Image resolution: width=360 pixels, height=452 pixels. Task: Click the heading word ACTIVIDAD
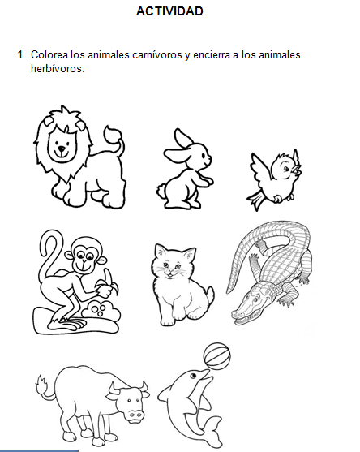(x=169, y=11)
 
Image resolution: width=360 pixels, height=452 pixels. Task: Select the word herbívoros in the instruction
(x=57, y=68)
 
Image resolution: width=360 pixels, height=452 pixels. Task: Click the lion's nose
(x=61, y=149)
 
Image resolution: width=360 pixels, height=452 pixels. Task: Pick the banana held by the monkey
(x=105, y=284)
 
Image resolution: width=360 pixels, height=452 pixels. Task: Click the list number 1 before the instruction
(x=20, y=55)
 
